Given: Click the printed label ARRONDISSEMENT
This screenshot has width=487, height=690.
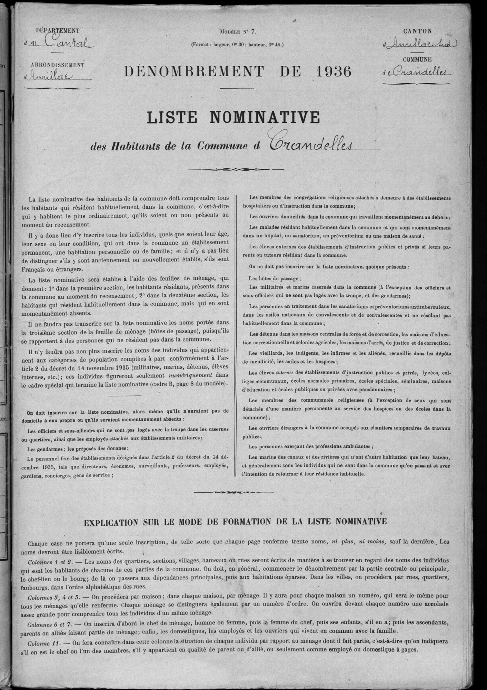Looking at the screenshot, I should tap(58, 65).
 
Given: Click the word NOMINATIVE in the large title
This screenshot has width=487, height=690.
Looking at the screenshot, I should tap(265, 118).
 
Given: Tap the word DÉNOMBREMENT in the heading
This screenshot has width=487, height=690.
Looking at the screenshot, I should tap(193, 72).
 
